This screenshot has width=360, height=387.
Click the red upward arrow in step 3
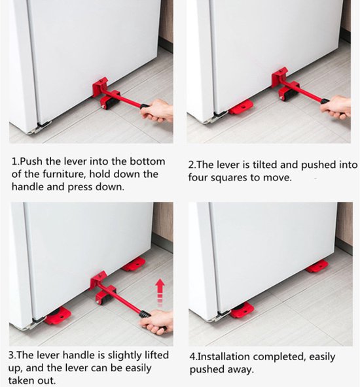click(x=160, y=293)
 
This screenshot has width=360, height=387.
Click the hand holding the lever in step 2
click(x=336, y=108)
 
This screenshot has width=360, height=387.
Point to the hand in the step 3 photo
click(x=156, y=322)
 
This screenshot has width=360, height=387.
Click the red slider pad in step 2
click(x=241, y=107)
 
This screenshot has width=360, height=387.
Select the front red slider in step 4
click(x=242, y=310)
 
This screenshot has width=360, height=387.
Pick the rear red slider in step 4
click(x=317, y=267)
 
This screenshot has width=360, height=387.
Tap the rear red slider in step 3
click(x=134, y=264)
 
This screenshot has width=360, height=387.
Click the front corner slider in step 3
click(x=58, y=316)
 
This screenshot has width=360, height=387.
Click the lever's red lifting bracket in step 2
click(x=279, y=78)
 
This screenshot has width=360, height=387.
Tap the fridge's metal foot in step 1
click(x=39, y=127)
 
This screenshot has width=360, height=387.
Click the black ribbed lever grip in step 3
click(x=145, y=314)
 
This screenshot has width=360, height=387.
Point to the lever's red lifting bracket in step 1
click(x=100, y=87)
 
